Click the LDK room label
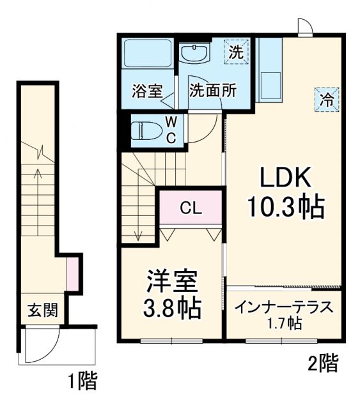(285, 176)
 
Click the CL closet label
(190, 208)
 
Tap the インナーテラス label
(284, 307)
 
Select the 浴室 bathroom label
(146, 91)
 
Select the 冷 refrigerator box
(326, 99)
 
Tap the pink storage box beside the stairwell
(72, 271)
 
